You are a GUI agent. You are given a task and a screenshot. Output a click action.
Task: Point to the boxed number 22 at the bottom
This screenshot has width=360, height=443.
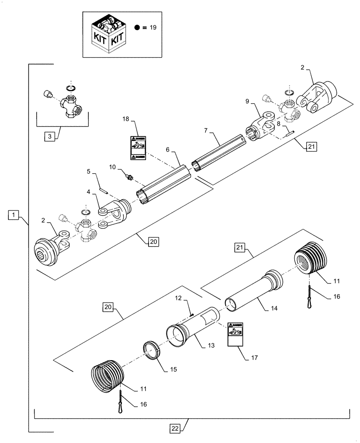pyautogui.click(x=176, y=428)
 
